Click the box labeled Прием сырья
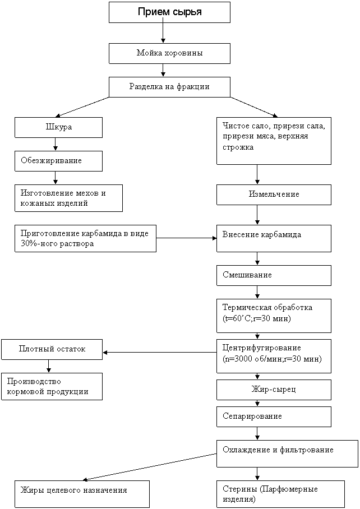coord(169,12)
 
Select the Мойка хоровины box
coord(169,54)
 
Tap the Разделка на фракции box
coord(169,87)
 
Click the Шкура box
coord(58,127)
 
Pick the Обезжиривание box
coord(58,161)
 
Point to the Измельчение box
coord(274,195)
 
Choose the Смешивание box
coord(274,276)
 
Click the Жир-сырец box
coord(274,390)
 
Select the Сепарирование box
coord(274,417)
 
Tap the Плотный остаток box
coord(52,349)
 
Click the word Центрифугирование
coord(262,348)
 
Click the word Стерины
coord(239,489)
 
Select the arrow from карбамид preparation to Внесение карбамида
coord(186,238)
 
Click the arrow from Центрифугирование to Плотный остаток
coord(160,352)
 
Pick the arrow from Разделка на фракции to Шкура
coord(82,107)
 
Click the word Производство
coord(34,381)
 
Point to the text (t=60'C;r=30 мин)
coord(256,318)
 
